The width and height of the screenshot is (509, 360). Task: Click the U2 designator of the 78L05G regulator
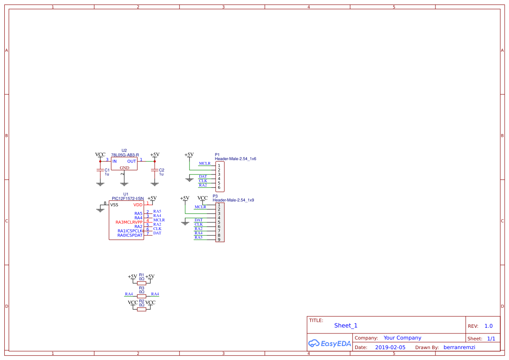click(x=124, y=151)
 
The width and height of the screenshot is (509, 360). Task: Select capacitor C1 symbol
click(x=100, y=170)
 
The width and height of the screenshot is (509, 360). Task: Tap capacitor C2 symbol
click(x=155, y=170)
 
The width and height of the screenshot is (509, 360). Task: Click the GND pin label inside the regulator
click(x=125, y=168)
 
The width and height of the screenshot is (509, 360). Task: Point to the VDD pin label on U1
click(x=138, y=205)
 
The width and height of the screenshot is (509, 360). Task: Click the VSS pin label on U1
click(x=114, y=205)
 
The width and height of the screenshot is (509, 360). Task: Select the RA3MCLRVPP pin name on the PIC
click(x=129, y=222)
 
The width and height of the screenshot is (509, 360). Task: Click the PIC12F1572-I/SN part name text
click(x=128, y=199)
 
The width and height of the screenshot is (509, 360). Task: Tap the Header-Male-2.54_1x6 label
click(x=235, y=159)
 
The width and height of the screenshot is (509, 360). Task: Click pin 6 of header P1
click(x=219, y=188)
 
